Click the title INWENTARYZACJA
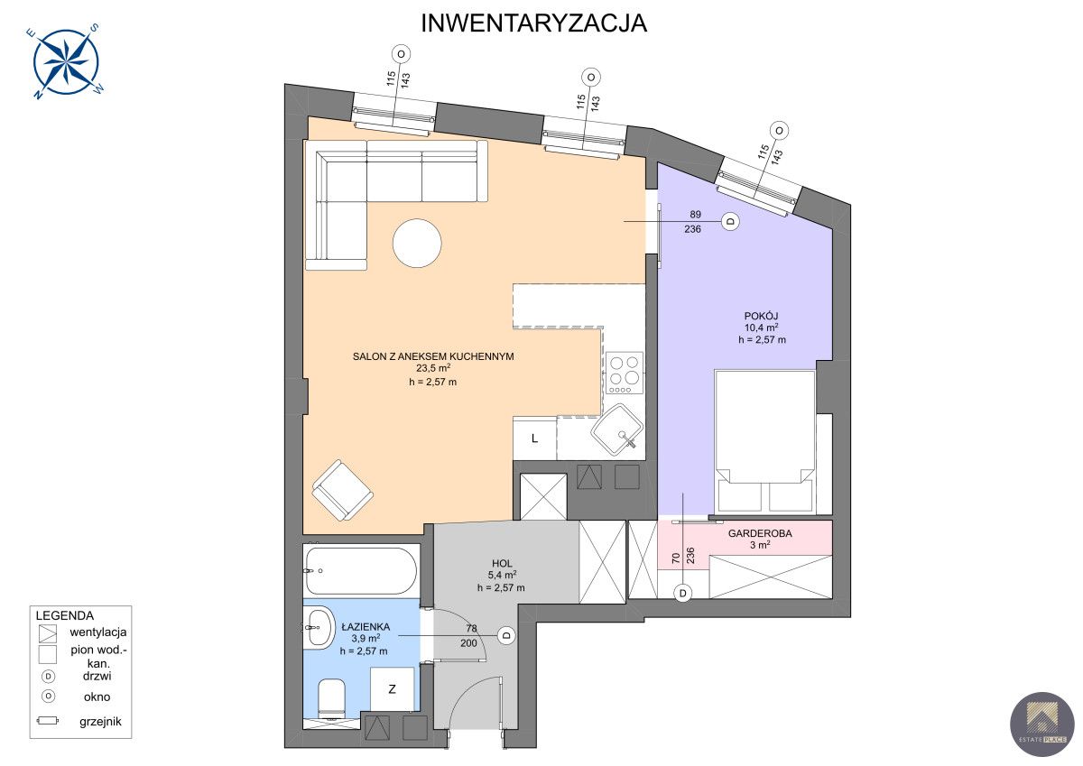(x=533, y=23)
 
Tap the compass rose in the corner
(x=66, y=61)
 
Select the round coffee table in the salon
(x=417, y=243)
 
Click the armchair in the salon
(x=342, y=490)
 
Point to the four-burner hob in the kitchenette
(x=625, y=373)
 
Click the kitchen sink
(x=617, y=429)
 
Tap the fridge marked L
(x=534, y=438)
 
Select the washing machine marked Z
(x=392, y=689)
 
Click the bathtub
(x=361, y=571)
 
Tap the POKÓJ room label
(x=761, y=316)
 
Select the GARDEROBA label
(x=760, y=533)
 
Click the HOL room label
(x=502, y=564)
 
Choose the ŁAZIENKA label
(x=366, y=627)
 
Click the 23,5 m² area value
(x=433, y=368)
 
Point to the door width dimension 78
(x=471, y=628)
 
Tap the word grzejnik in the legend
(x=100, y=722)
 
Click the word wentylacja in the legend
(x=98, y=632)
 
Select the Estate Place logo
(x=1041, y=724)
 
